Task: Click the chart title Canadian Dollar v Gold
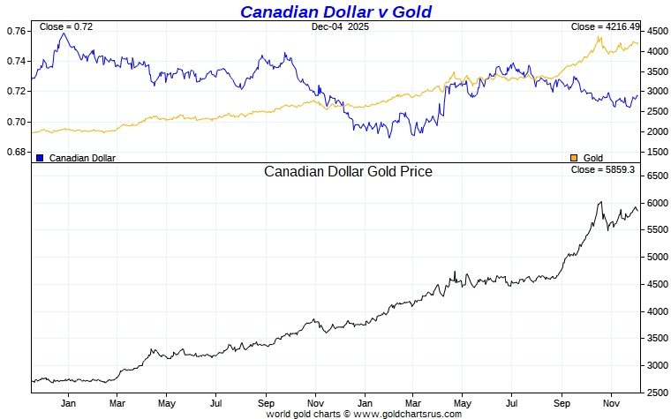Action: click(x=335, y=11)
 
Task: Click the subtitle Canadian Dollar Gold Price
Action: click(x=348, y=171)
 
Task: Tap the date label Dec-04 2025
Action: click(x=340, y=27)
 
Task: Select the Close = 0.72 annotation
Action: click(x=66, y=27)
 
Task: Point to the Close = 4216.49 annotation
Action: click(x=605, y=27)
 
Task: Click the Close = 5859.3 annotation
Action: click(x=603, y=168)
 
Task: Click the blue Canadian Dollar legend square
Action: click(x=40, y=157)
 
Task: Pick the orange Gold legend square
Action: click(x=574, y=157)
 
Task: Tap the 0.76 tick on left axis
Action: click(x=16, y=31)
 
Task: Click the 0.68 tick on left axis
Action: click(x=16, y=152)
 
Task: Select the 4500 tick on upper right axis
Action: click(x=656, y=31)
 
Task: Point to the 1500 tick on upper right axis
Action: click(x=656, y=152)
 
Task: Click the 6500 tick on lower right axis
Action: click(x=656, y=176)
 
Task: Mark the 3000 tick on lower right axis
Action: click(x=656, y=365)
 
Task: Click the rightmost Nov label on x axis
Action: click(x=610, y=403)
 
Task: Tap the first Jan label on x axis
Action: click(x=67, y=403)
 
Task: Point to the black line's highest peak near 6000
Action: click(x=600, y=202)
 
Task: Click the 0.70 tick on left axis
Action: click(x=16, y=122)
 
